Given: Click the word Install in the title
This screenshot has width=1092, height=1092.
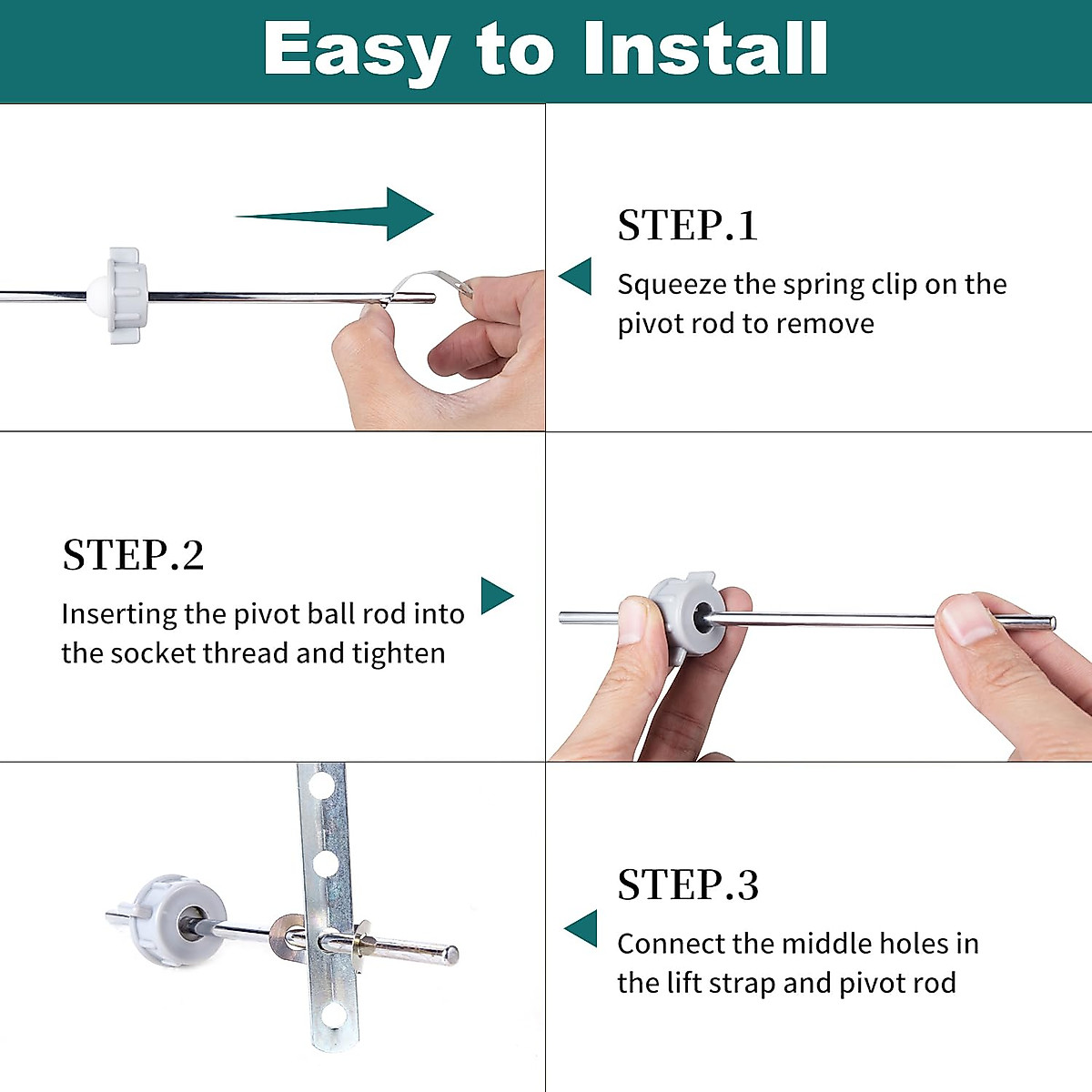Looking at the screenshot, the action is [x=706, y=49].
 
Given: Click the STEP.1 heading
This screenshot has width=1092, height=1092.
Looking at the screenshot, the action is [x=687, y=226].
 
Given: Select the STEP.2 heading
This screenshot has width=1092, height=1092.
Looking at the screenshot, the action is [x=133, y=555].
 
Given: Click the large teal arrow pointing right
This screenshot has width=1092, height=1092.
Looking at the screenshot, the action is [x=334, y=214].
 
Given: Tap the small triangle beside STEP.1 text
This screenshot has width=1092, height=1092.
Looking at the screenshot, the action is [x=575, y=276].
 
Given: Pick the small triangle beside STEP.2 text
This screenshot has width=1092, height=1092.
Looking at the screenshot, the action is [x=497, y=595].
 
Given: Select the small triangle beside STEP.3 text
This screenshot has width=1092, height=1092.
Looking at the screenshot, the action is [x=581, y=928].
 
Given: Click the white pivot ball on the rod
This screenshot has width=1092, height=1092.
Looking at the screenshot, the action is [x=97, y=296].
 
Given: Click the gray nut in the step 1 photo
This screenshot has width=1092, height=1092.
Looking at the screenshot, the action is [x=127, y=295].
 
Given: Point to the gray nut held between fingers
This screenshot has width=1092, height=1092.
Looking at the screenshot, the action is [x=687, y=617].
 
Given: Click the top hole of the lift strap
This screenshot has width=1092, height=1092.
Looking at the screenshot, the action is [x=321, y=784].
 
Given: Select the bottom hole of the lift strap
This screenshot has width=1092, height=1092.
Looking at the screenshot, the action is [x=333, y=1016].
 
